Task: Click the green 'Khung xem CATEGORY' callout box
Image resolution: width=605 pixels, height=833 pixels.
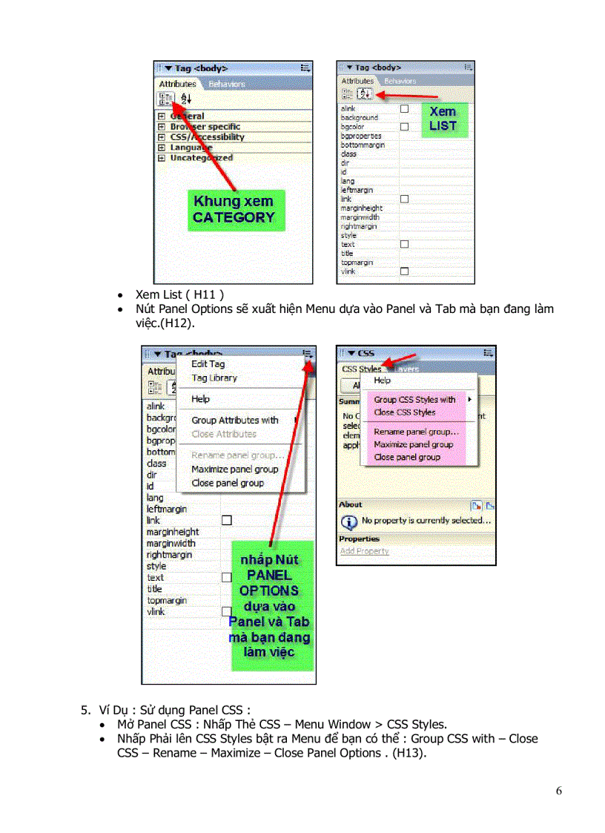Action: click(x=235, y=209)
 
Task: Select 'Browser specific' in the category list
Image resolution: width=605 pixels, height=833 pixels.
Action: click(x=205, y=127)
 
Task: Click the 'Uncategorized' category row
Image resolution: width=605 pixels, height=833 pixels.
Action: click(x=201, y=158)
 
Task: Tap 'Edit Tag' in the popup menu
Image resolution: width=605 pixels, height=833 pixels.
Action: click(x=208, y=364)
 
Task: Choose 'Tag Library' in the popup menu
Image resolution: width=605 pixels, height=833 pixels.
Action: click(x=214, y=378)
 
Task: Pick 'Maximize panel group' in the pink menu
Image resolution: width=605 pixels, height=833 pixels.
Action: click(x=413, y=444)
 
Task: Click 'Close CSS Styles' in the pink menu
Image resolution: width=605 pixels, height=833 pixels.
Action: click(x=404, y=412)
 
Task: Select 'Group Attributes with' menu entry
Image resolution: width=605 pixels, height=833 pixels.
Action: click(x=234, y=421)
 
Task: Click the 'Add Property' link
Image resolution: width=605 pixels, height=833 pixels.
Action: click(x=364, y=551)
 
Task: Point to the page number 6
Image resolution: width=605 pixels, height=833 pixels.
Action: click(x=558, y=791)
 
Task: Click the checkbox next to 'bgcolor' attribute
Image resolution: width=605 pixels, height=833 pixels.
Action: click(x=404, y=127)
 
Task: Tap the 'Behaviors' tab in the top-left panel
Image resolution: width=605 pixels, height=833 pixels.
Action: click(x=226, y=85)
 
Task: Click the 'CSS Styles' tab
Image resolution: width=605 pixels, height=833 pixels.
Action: click(x=361, y=369)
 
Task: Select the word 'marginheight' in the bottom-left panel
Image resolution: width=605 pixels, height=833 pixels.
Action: click(x=173, y=532)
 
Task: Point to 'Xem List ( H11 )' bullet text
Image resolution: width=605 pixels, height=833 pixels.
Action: click(x=179, y=294)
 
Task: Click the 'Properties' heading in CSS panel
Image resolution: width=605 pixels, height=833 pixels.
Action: click(x=359, y=539)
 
